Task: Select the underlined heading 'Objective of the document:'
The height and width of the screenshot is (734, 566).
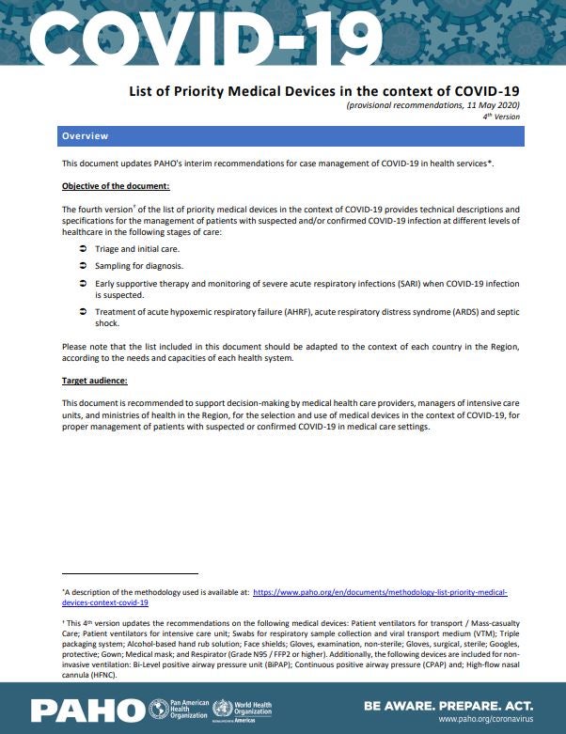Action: (116, 186)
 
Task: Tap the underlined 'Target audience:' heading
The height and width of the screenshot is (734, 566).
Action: (94, 382)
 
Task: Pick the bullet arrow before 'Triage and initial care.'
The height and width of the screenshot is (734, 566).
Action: (84, 248)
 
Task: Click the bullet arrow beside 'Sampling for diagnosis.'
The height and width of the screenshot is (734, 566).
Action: (84, 266)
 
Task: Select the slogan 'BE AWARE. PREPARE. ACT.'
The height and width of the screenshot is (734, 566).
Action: (448, 704)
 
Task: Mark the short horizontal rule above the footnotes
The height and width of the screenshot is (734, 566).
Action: (130, 573)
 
